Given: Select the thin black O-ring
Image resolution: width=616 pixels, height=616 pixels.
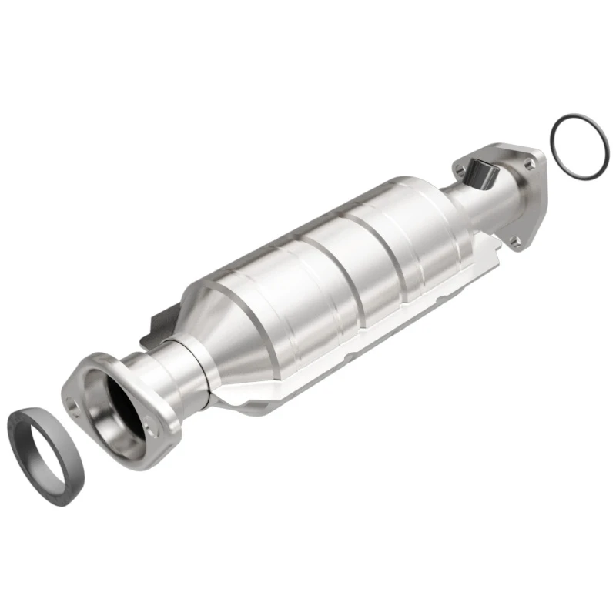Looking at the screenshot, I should click(x=556, y=130).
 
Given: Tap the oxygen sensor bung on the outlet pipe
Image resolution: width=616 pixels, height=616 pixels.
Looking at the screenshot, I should click(x=484, y=174).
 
